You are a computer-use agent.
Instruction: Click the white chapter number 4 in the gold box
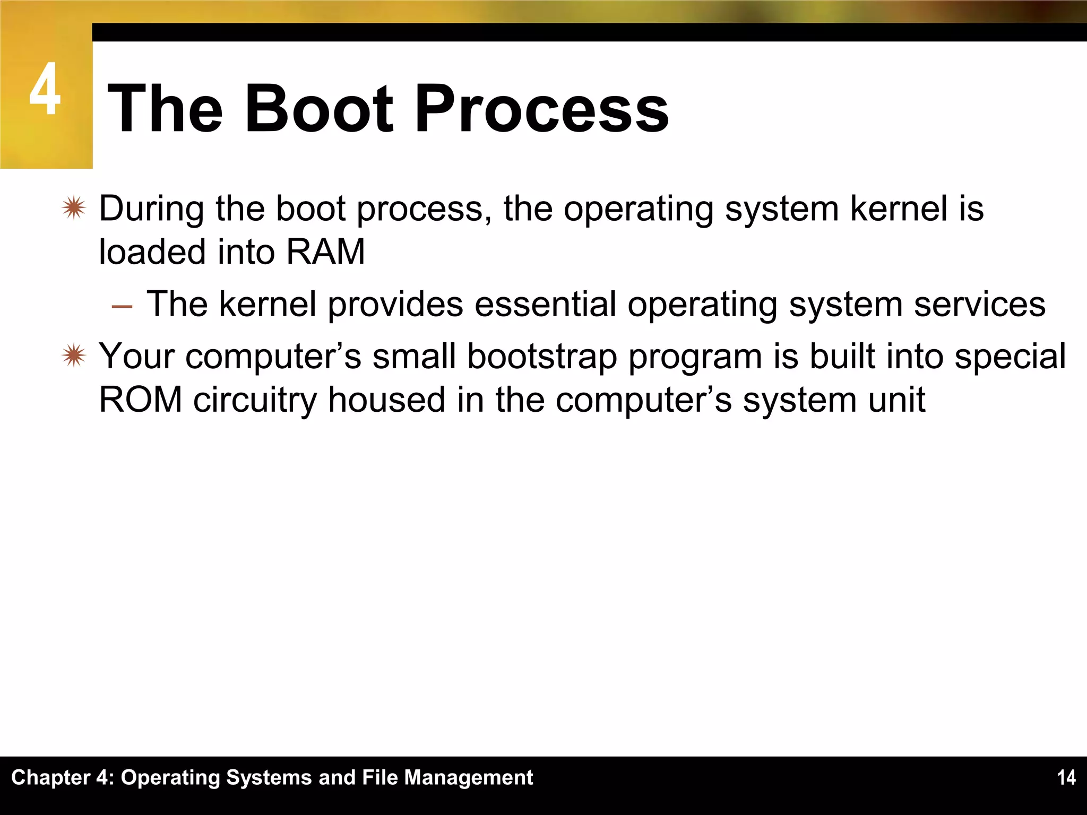[x=45, y=89]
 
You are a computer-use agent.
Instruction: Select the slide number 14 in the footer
[x=1066, y=778]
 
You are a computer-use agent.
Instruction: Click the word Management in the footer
[x=469, y=778]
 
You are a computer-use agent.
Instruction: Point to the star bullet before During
[x=73, y=208]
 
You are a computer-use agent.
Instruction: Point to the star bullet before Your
[x=73, y=356]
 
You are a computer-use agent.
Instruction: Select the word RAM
[x=325, y=252]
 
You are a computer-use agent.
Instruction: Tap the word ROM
[x=141, y=400]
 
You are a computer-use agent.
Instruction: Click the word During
[x=151, y=209]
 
